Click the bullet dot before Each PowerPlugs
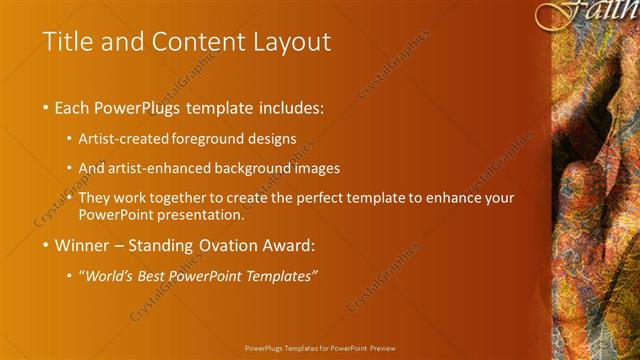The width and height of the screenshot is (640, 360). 47,107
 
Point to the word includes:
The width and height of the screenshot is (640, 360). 291,107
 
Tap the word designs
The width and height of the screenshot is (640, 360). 270,139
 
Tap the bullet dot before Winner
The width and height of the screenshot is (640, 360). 47,244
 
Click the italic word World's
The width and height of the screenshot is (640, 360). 108,276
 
